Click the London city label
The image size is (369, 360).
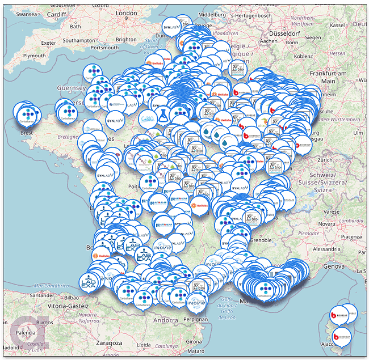[126, 13]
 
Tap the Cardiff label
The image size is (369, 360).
[57, 14]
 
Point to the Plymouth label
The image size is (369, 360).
[34, 56]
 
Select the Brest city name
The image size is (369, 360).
[26, 133]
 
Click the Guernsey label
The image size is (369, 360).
[71, 88]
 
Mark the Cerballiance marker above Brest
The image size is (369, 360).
[23, 109]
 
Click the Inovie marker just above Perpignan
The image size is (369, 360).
[195, 299]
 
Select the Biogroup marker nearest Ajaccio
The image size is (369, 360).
[341, 336]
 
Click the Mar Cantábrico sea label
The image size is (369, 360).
[53, 285]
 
